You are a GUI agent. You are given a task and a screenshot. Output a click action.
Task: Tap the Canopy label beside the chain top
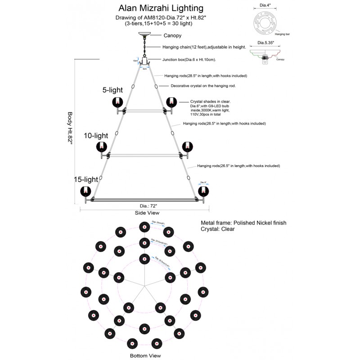(172, 35)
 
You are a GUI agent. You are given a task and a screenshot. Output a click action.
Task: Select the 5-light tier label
(113, 90)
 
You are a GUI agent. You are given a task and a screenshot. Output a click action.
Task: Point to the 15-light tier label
(86, 179)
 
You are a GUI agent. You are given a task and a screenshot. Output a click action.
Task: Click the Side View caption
(147, 212)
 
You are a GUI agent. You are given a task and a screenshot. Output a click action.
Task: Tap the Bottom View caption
(145, 355)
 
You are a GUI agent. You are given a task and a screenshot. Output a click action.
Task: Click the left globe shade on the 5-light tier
(118, 102)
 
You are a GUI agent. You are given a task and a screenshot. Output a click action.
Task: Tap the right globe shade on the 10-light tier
(187, 147)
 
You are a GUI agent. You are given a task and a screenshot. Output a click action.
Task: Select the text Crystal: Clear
(217, 229)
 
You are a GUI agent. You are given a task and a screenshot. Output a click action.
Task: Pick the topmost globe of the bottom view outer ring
(144, 226)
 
